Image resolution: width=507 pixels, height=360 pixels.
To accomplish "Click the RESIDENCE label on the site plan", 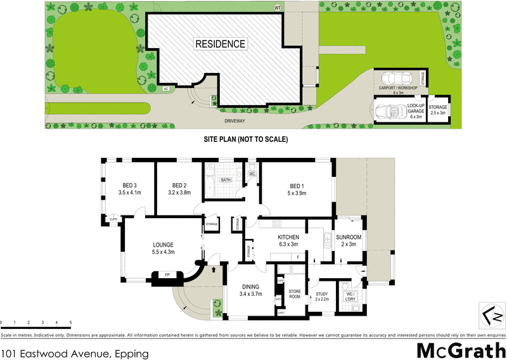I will (x=220, y=44).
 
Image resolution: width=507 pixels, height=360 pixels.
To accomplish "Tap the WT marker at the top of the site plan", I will (x=276, y=8).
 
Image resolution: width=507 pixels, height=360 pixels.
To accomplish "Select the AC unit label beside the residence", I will (x=165, y=89).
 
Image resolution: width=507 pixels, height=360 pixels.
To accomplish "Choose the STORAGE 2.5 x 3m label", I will (x=439, y=110).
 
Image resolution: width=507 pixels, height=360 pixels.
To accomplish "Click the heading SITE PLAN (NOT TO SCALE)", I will (x=245, y=138).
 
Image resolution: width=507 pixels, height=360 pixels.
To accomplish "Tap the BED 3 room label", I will (x=129, y=188).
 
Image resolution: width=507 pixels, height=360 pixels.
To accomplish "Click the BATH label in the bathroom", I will (x=225, y=180).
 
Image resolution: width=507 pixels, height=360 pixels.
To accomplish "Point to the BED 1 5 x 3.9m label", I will (x=297, y=188).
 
